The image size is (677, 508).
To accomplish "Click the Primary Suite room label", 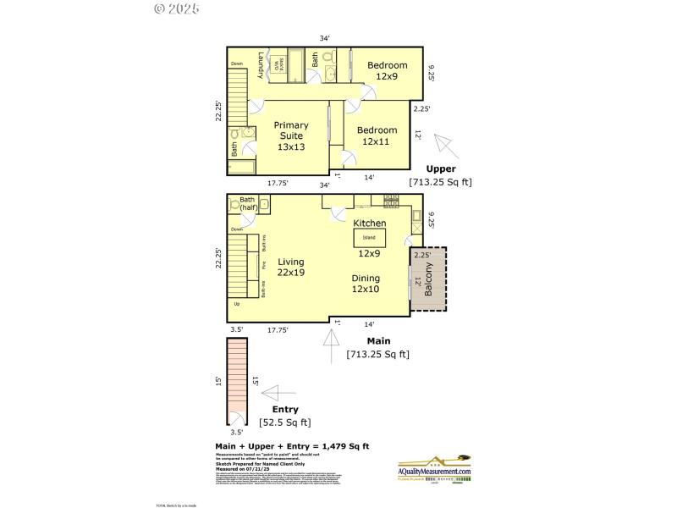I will click(290, 135).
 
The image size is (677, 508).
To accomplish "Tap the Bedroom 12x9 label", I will click(386, 70).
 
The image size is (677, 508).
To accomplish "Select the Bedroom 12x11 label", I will click(377, 135).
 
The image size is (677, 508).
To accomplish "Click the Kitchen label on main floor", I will click(370, 223).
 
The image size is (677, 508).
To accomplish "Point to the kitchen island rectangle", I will click(370, 238).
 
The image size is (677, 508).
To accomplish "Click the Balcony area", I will click(428, 279).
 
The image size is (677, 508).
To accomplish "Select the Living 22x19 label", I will click(290, 267).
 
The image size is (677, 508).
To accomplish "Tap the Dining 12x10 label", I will click(366, 284).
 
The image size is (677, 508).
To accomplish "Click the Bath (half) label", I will click(248, 203).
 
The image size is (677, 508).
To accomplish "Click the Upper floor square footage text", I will click(440, 182).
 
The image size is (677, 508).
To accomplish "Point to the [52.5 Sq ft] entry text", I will click(284, 422).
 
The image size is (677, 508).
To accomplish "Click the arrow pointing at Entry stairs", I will click(276, 392).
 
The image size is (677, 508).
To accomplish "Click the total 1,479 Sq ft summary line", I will click(292, 446).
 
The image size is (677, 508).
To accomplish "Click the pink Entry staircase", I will click(236, 381).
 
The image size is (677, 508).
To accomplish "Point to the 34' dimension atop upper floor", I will click(324, 38).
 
